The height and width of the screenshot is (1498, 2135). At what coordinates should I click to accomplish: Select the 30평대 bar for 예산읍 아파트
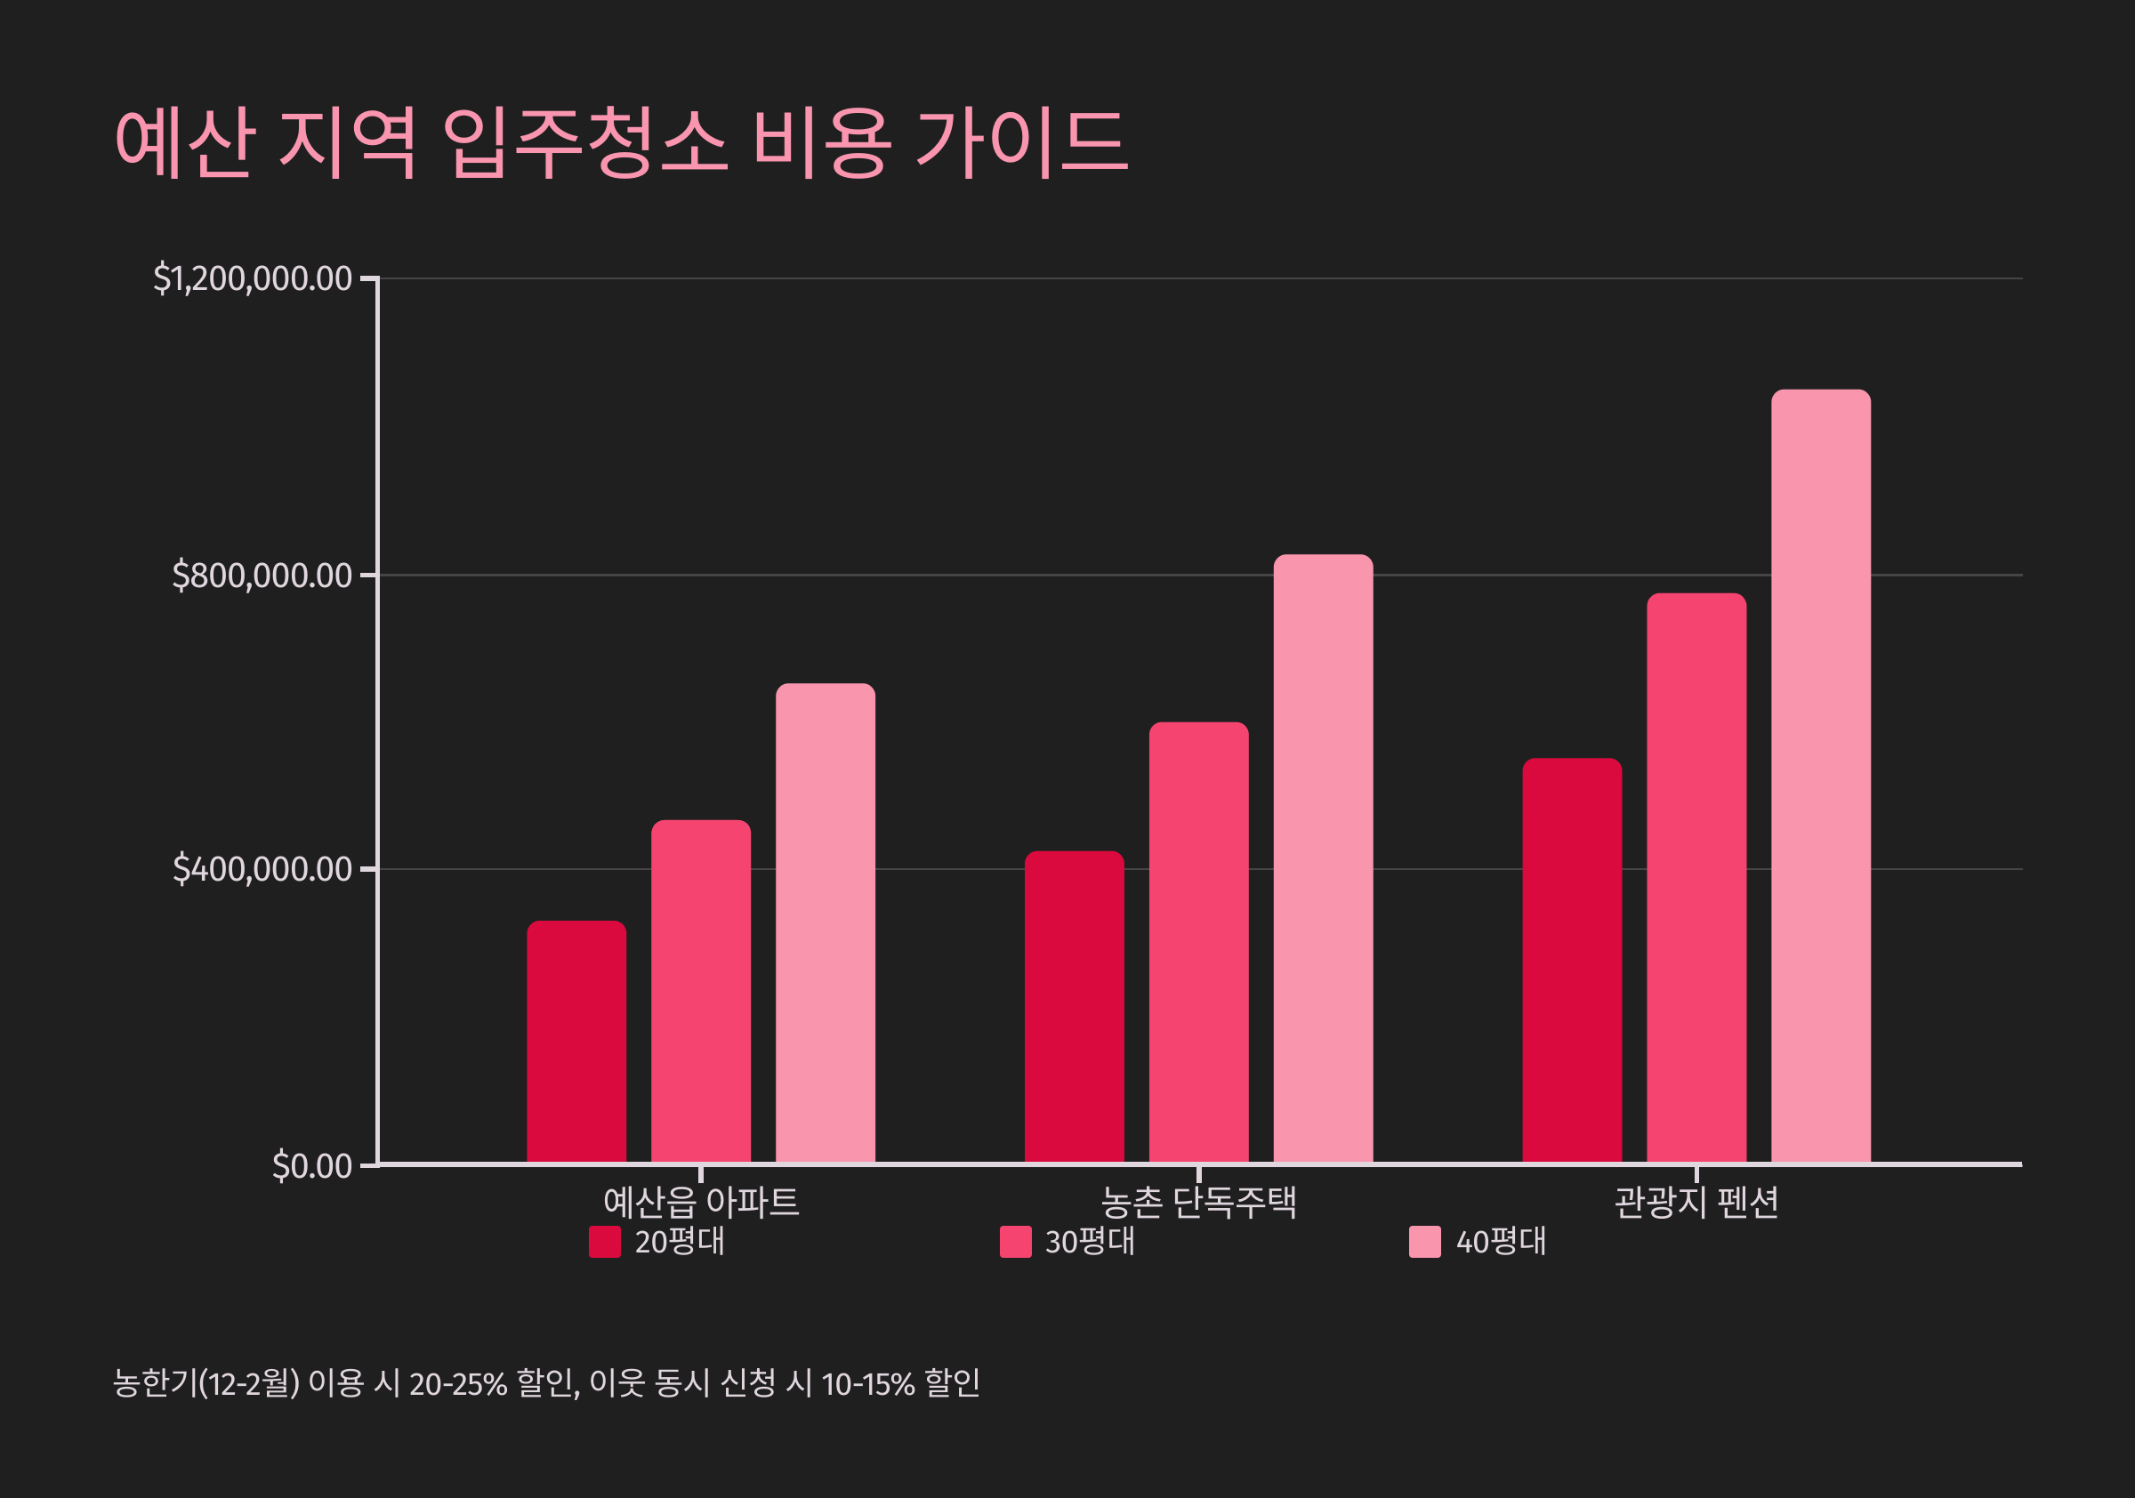pos(700,991)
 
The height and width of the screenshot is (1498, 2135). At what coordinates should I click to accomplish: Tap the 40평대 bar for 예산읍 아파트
pos(825,922)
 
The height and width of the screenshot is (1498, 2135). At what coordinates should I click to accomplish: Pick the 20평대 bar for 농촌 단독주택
pos(1074,1006)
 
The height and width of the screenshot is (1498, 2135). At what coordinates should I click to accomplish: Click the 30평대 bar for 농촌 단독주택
pos(1198,942)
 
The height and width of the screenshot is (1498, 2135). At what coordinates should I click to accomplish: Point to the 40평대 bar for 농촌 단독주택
pos(1323,858)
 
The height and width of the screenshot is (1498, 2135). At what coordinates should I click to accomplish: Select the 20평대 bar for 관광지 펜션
pos(1572,960)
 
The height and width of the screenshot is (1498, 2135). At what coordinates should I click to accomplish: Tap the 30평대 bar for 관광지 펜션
pos(1696,878)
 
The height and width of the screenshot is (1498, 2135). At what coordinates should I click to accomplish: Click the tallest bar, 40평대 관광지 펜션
pos(1821,776)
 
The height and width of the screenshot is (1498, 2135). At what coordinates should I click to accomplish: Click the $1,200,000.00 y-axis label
pos(252,279)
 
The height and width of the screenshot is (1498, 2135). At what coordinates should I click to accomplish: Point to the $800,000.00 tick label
pos(262,576)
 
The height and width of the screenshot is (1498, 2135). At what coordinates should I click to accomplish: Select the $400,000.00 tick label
pos(262,869)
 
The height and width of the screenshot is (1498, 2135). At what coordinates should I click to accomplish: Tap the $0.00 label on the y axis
pos(311,1166)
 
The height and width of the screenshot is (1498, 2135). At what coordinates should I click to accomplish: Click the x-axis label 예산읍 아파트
pos(700,1203)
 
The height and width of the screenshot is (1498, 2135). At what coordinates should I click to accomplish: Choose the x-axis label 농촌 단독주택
pos(1198,1203)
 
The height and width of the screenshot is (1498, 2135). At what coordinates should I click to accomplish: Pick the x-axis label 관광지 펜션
pos(1696,1203)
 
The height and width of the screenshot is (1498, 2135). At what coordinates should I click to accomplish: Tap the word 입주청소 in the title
pos(583,142)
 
